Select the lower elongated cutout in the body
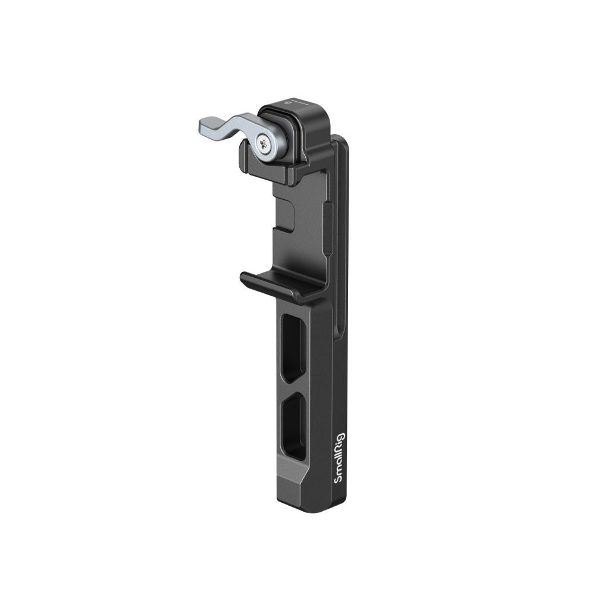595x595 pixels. (x=293, y=420)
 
